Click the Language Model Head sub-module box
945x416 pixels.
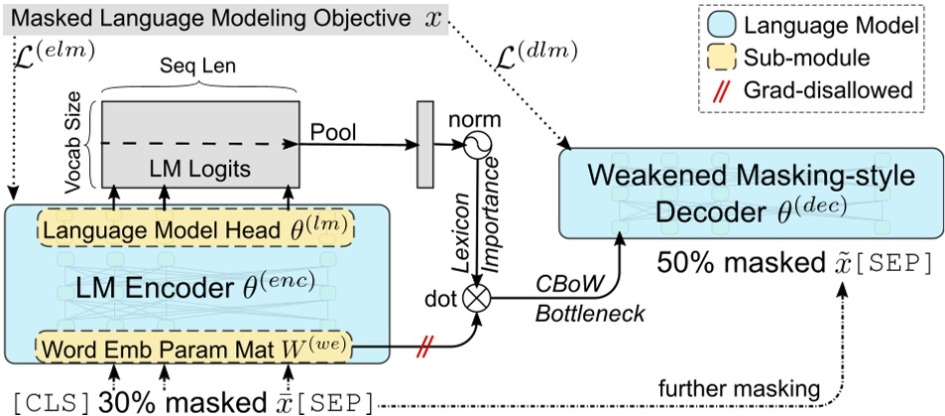click(196, 227)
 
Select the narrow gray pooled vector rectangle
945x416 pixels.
click(426, 144)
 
